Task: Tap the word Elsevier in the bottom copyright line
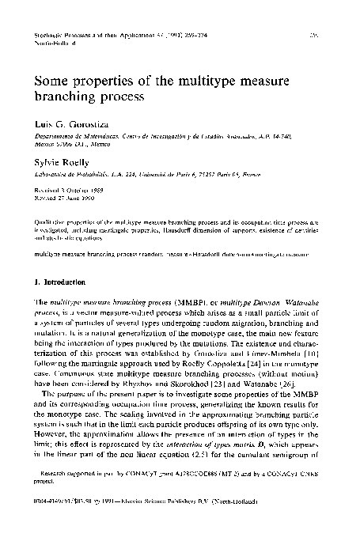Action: click(146, 518)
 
